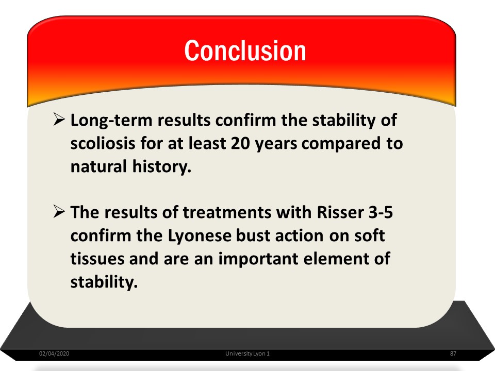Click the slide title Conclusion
coord(245,50)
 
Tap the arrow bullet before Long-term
coord(59,119)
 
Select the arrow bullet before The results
coord(59,211)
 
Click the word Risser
coord(340,212)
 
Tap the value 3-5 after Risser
coord(381,212)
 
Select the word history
coord(162,166)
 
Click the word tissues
coord(97,259)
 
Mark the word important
coord(258,259)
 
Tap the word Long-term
coord(111,121)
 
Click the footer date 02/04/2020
coord(54,353)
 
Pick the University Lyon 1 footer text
coord(247,353)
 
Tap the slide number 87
coord(453,353)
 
